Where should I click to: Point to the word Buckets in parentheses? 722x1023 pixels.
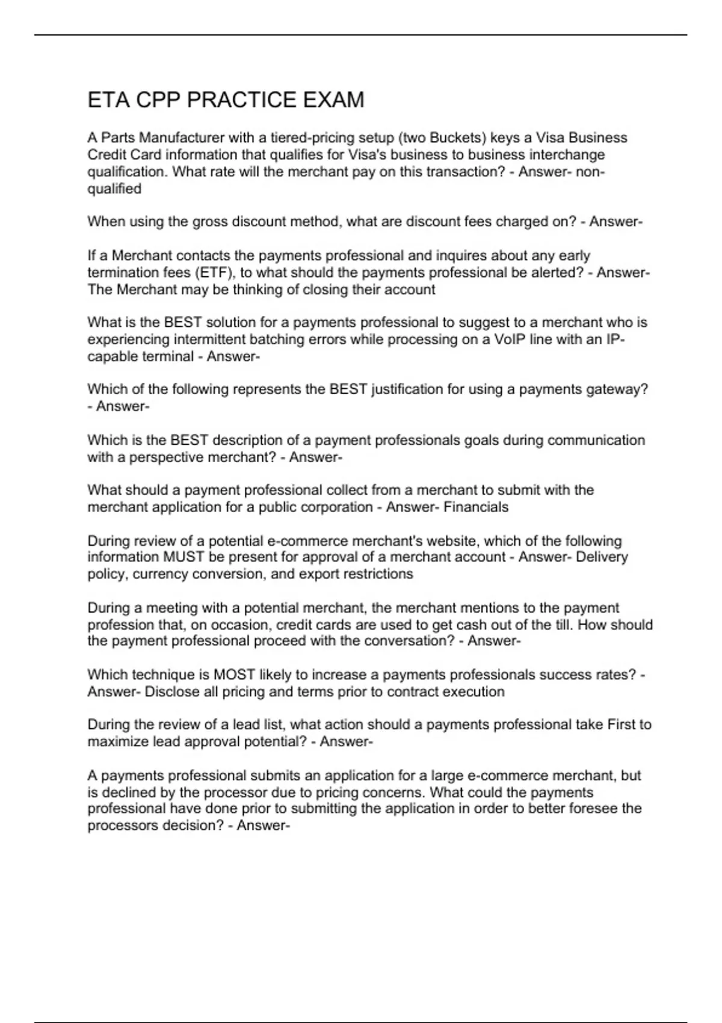point(455,138)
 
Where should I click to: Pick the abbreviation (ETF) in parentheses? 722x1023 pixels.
point(215,273)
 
